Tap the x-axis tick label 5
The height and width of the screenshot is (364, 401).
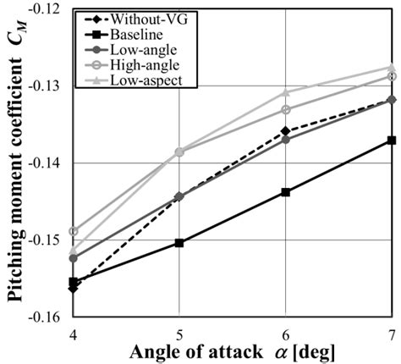(x=179, y=332)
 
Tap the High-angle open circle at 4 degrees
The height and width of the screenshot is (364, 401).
(x=73, y=231)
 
